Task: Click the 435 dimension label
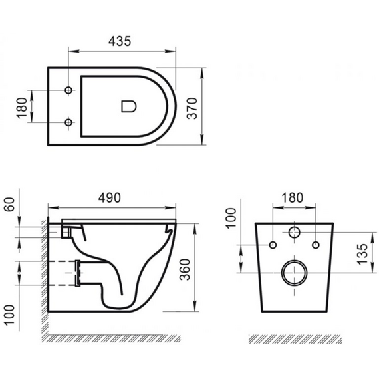pos(120,41)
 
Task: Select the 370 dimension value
pos(192,108)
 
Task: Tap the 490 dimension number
pos(109,197)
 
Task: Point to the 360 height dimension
pos(185,269)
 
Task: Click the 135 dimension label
pos(363,254)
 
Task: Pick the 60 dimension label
pos(10,205)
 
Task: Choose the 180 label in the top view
pos(22,108)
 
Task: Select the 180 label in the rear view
pos(292,197)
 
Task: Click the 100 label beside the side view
pos(10,315)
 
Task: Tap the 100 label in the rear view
pos(231,217)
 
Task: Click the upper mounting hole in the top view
pos(68,90)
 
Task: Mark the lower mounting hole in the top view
pos(68,122)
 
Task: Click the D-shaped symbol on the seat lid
pos(129,106)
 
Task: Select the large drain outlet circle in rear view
pos(283,273)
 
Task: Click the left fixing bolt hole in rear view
pos(273,245)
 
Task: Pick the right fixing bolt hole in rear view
pos(316,245)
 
